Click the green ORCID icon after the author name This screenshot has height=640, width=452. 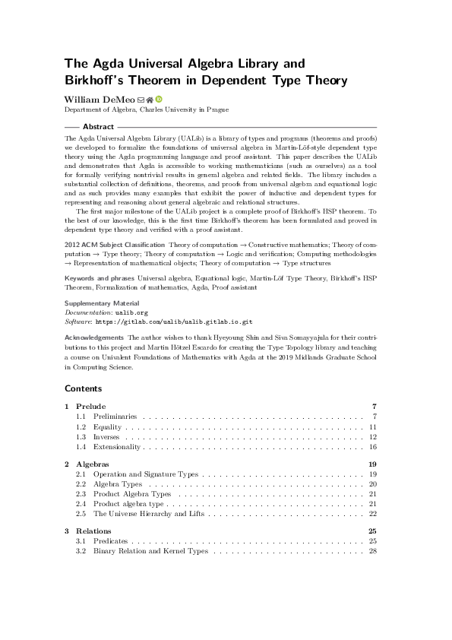160,99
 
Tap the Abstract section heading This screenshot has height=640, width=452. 98,126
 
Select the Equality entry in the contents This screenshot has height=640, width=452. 107,427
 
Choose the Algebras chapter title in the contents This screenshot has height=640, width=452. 93,464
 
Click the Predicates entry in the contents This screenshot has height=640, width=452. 112,540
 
